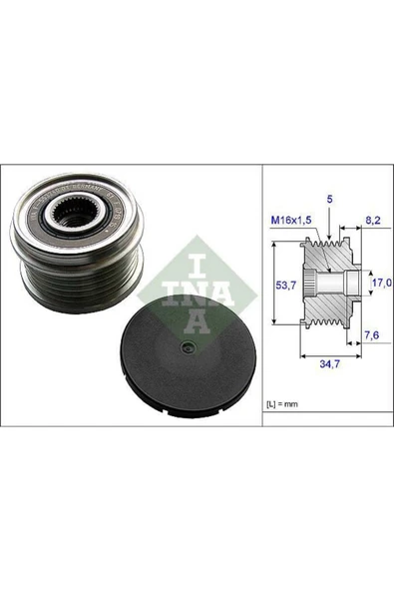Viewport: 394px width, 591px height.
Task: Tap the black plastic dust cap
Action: click(x=181, y=354)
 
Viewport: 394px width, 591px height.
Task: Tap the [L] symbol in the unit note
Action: click(x=272, y=402)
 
